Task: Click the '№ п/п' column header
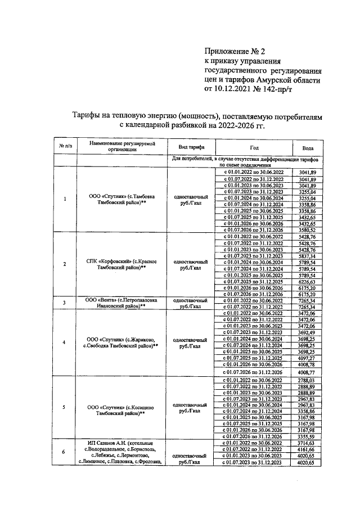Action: pyautogui.click(x=64, y=147)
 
